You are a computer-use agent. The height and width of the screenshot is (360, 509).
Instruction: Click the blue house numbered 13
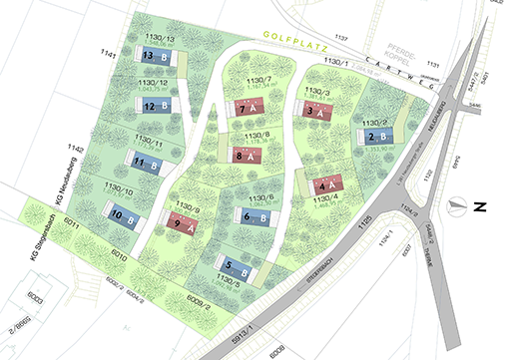coord(155,58)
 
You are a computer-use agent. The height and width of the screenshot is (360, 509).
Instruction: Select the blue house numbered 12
coord(156,105)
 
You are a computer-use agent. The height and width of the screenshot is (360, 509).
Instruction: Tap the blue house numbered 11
coord(146,163)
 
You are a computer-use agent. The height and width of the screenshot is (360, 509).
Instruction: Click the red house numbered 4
coord(326,184)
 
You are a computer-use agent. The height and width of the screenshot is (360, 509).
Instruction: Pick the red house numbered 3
coord(318,112)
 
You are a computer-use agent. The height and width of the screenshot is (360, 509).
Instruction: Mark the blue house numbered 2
coord(377,137)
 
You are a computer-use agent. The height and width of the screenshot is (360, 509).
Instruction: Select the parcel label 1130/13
coord(158,39)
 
